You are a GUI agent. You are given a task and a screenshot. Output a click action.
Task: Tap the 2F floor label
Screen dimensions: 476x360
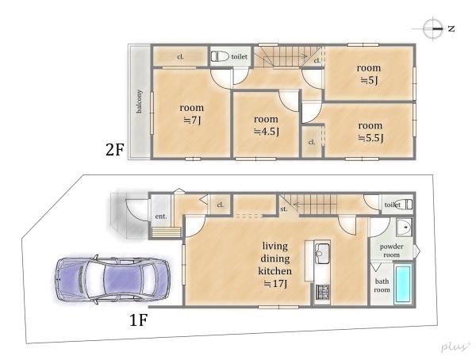point(114,149)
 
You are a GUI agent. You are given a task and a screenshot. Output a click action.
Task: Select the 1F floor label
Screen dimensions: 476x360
point(138,320)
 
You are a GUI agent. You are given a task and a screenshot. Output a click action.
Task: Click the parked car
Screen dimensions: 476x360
point(113,279)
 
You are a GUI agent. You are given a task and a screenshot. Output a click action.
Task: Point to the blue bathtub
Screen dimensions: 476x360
point(403,284)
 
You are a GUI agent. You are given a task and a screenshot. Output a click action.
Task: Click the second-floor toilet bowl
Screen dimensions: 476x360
point(220,56)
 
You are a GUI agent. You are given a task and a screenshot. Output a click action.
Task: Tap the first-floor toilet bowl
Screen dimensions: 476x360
point(404,205)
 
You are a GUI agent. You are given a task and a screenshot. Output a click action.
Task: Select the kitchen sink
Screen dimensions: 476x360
point(322,254)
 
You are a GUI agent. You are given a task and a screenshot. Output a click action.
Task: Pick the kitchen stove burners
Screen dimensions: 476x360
point(322,292)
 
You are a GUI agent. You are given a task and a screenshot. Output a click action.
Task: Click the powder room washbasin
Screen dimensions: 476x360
point(404,227)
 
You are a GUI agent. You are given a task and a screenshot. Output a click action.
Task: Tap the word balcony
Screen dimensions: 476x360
point(139,101)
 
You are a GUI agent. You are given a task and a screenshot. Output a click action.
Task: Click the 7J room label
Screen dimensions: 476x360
point(191,114)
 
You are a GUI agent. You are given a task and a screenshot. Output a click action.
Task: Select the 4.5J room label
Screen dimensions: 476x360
point(267,125)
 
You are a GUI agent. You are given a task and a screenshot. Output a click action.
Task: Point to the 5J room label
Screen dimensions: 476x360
point(369,74)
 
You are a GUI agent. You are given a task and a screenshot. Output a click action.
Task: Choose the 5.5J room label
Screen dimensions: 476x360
point(370,132)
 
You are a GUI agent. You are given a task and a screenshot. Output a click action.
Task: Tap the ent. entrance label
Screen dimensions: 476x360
point(161,216)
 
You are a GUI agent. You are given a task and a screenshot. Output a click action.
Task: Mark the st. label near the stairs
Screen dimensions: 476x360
point(284,209)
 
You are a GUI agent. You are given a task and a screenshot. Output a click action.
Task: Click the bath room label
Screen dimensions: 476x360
point(382,285)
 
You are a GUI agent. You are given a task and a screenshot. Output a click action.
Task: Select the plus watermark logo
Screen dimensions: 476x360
point(455,347)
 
